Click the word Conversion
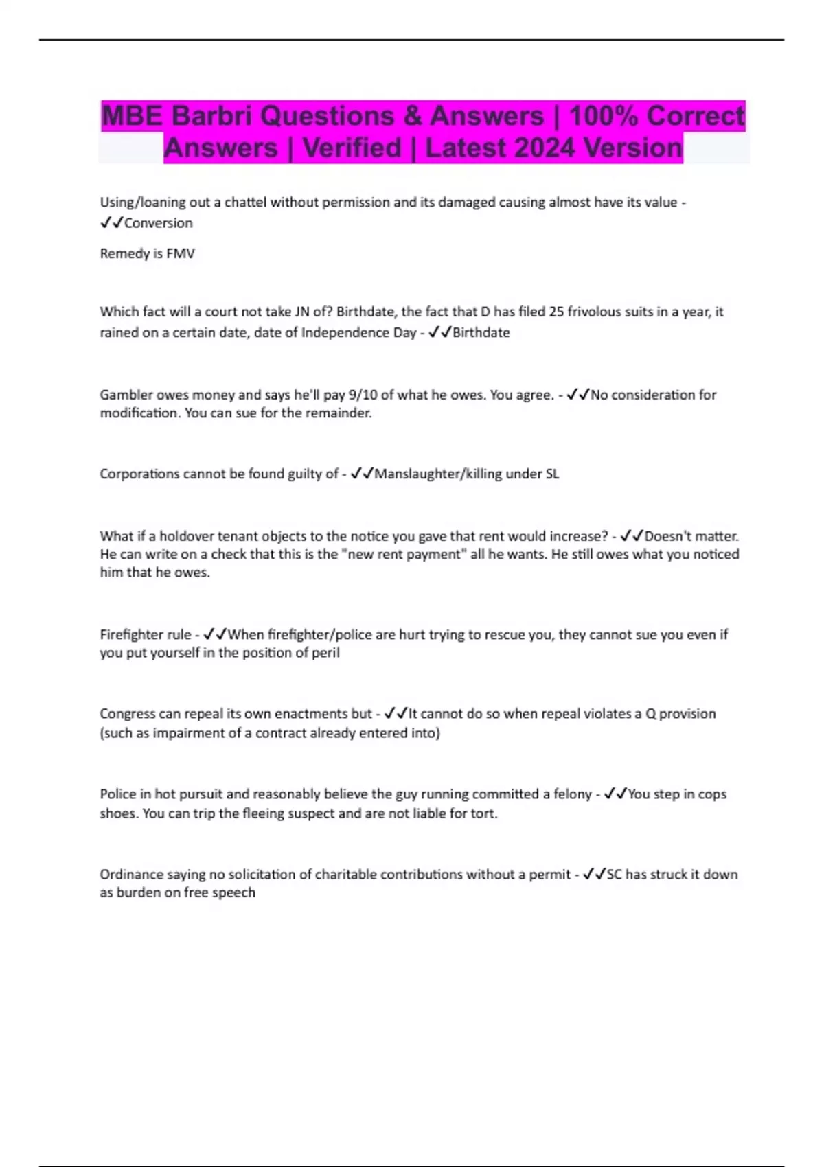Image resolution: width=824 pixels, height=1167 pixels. point(158,223)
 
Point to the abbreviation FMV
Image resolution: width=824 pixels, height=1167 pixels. point(181,253)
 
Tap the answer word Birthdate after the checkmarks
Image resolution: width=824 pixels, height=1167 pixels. point(481,332)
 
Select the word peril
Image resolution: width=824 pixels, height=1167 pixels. point(325,653)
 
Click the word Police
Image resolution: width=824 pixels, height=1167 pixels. point(118,794)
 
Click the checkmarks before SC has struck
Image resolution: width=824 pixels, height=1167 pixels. point(594,875)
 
